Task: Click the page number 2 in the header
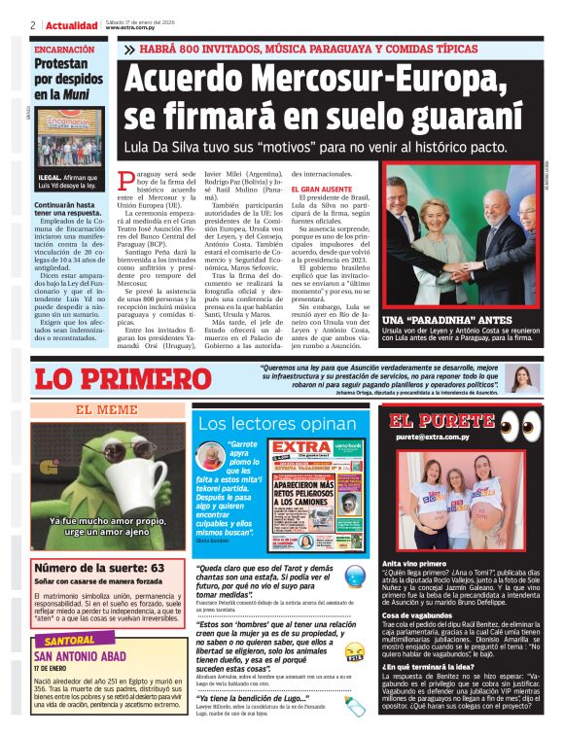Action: tap(33, 24)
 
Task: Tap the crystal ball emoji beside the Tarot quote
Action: tap(356, 576)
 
